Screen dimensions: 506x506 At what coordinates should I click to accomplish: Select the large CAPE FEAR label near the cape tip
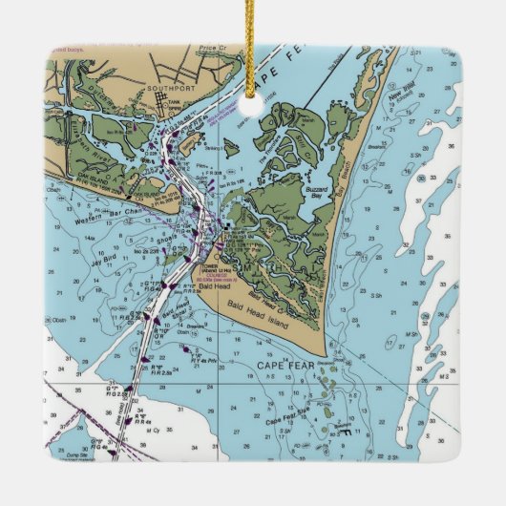coord(285,365)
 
